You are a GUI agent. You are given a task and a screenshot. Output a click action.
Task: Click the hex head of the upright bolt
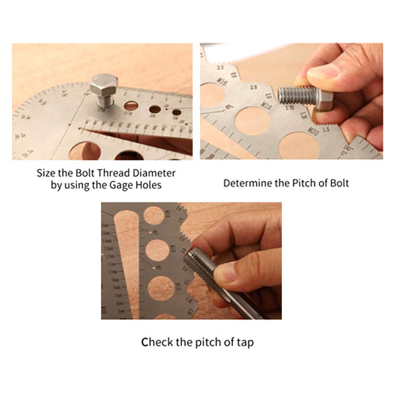(104, 84)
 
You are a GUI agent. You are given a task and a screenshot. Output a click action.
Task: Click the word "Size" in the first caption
(46, 174)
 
